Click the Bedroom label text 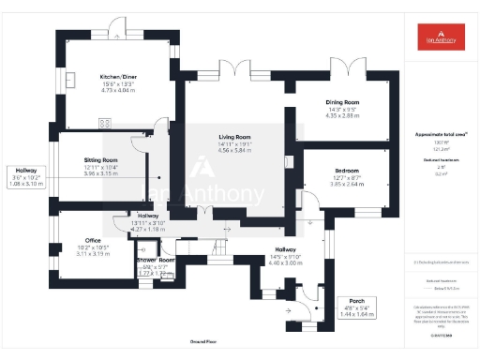point(348,171)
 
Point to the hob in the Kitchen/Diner point(104,123)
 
